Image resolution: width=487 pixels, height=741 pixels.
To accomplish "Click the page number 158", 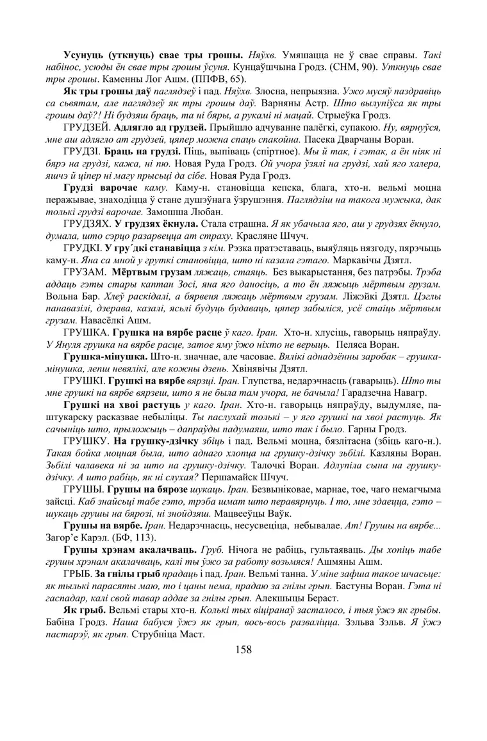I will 244,649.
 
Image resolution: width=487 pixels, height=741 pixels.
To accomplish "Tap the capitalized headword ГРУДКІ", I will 83,249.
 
